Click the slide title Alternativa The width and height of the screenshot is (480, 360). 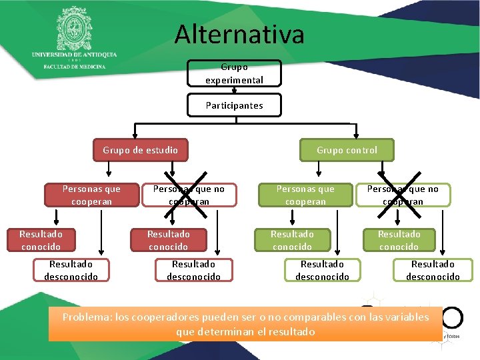[239, 34]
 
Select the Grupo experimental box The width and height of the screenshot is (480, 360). [234, 73]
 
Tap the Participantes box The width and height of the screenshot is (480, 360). [234, 105]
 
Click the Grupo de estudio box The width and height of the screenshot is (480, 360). [140, 150]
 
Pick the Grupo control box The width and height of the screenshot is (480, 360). [347, 150]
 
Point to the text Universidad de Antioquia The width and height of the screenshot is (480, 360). [74, 54]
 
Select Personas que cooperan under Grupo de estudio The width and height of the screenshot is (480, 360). [91, 195]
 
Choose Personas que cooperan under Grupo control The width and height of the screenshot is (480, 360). [305, 195]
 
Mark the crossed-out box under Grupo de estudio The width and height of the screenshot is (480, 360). [189, 195]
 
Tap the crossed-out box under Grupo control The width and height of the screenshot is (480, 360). [403, 195]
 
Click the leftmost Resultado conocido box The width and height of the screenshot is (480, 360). [41, 240]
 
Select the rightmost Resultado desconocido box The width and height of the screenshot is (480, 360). [433, 270]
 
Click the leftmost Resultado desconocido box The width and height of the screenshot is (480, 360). [71, 270]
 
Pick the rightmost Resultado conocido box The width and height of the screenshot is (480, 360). [399, 240]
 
